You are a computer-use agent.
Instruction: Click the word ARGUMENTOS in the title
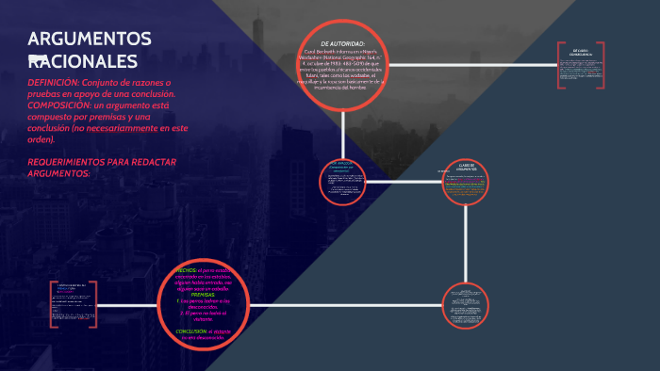90,39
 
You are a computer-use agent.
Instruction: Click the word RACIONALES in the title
83,61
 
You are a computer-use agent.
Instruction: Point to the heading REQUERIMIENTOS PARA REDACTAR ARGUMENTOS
103,168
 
